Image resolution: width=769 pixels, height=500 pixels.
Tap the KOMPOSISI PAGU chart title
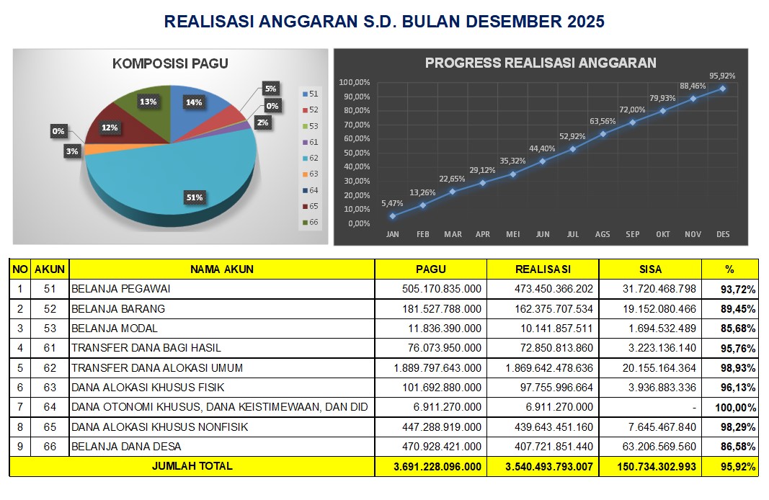point(170,63)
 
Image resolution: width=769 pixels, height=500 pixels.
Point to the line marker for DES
point(722,89)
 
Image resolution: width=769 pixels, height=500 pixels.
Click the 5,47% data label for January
point(392,204)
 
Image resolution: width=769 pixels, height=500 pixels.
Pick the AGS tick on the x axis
point(603,235)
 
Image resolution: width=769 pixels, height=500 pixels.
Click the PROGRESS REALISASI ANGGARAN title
point(541,63)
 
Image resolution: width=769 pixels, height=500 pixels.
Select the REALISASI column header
point(542,269)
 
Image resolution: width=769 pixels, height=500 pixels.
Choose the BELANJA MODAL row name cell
point(115,329)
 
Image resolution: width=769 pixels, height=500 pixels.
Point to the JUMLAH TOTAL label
point(192,466)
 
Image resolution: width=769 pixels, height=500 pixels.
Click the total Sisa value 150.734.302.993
point(657,467)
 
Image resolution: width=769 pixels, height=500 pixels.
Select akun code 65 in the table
point(50,427)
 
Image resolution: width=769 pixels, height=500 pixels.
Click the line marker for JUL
point(573,149)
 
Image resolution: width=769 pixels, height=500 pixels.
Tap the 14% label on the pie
point(194,102)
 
